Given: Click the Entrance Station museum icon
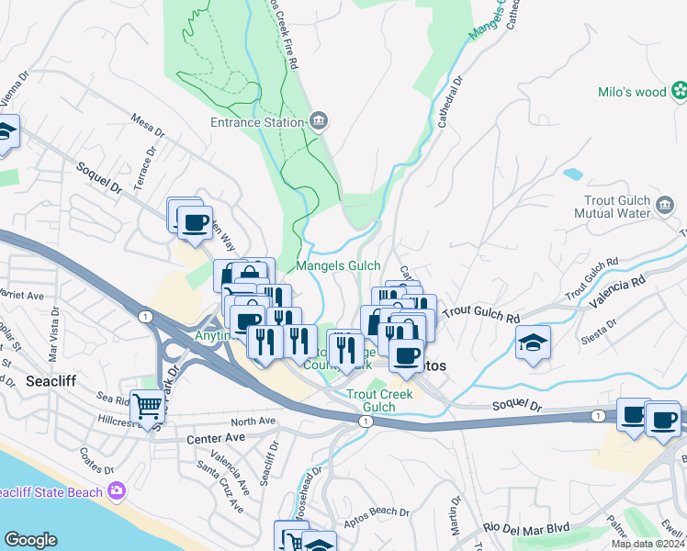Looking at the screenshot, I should (x=319, y=121).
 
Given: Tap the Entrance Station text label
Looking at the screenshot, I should (x=256, y=122).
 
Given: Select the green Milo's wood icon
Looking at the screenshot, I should (x=680, y=90).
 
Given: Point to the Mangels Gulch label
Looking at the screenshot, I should (x=338, y=266).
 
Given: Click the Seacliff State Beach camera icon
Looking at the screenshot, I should (x=116, y=492).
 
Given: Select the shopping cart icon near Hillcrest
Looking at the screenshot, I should (x=147, y=406).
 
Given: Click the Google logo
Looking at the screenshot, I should (x=30, y=540).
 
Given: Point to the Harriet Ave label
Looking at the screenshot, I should (x=24, y=297).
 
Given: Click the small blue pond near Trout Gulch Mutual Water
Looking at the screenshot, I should (x=573, y=173).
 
